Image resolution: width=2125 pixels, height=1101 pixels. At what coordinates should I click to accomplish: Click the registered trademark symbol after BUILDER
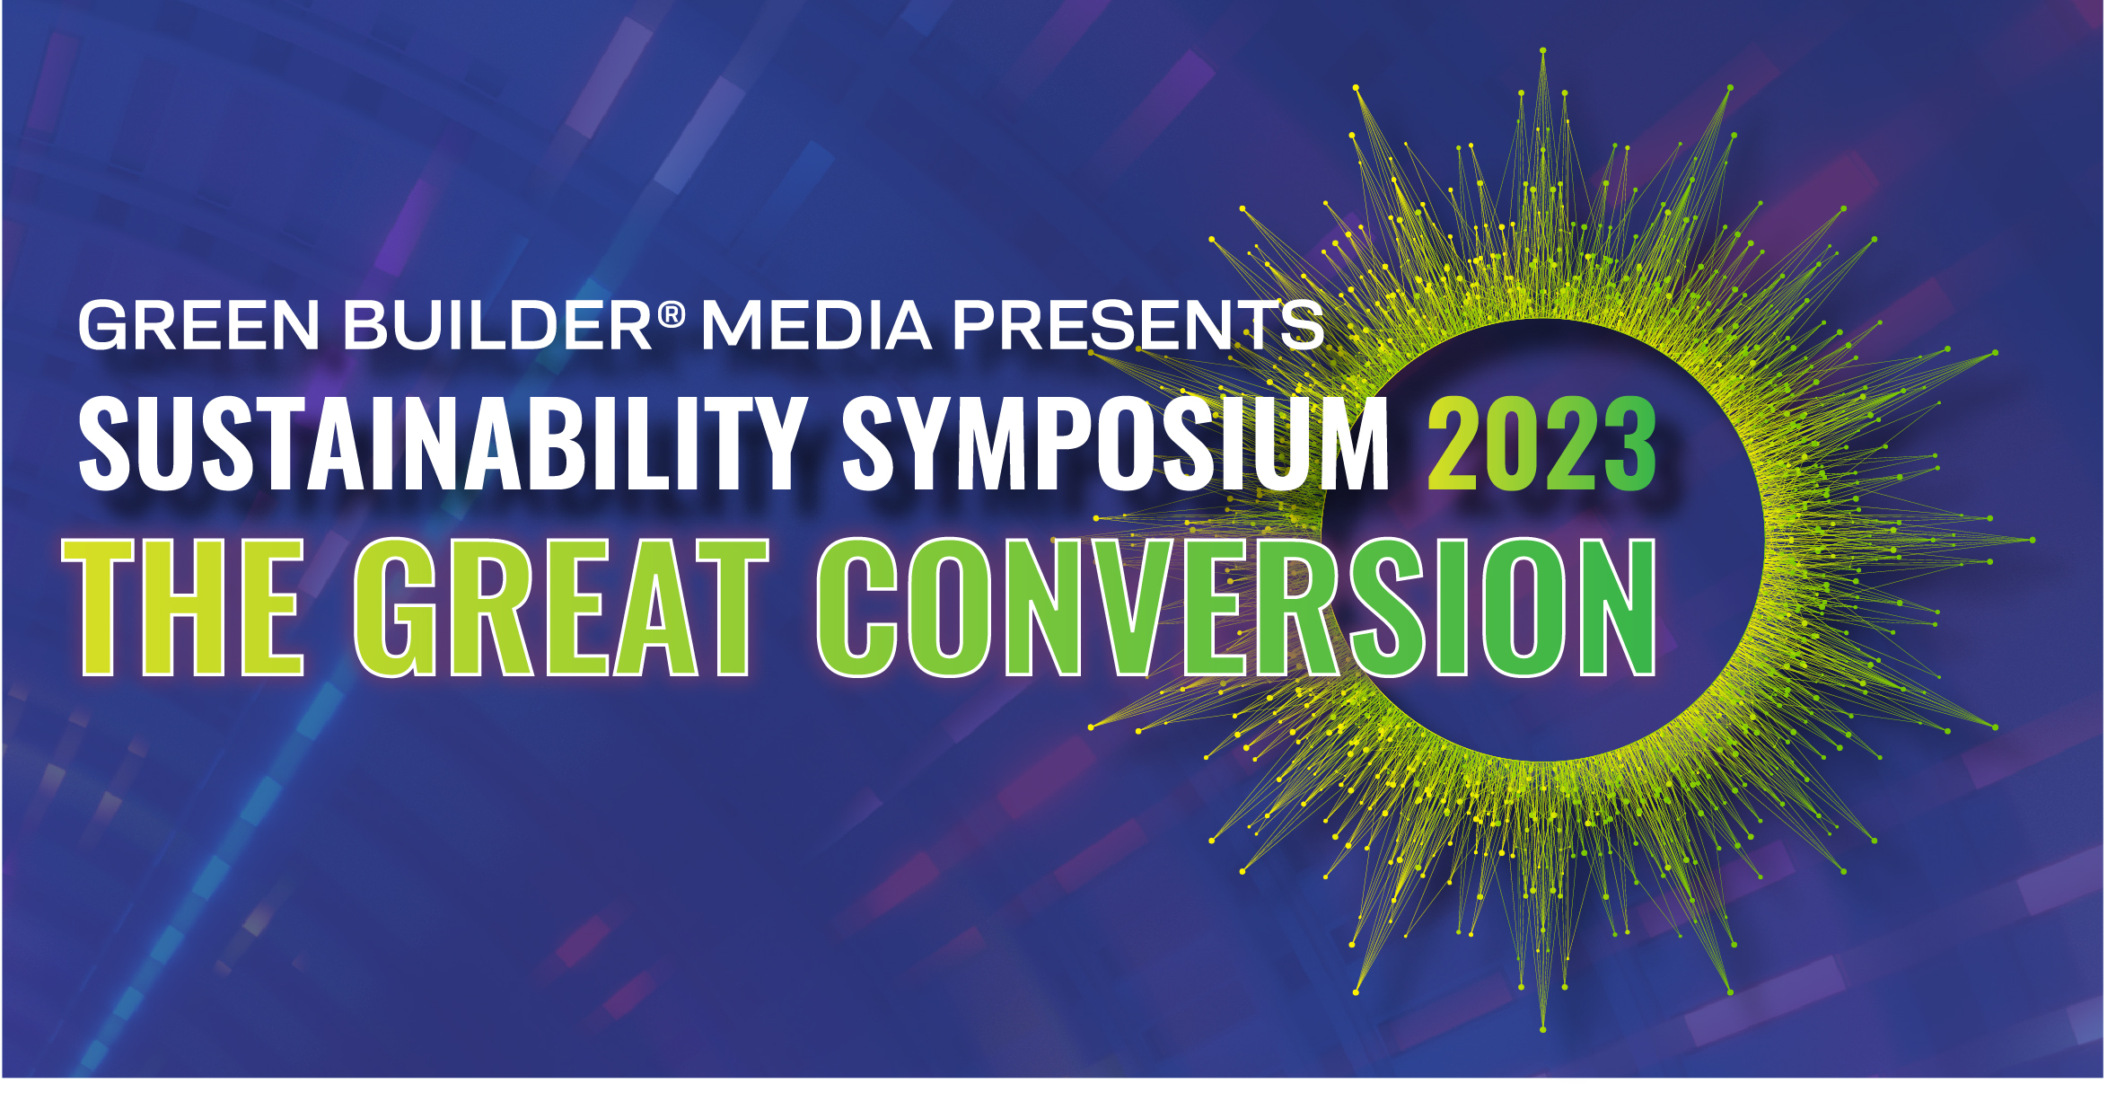[x=672, y=314]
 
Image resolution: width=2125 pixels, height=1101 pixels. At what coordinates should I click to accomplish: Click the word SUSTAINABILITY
[x=443, y=445]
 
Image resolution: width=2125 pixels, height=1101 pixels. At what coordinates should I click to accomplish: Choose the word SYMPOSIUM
[x=1115, y=445]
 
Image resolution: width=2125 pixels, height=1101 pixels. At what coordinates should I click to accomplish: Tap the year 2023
[x=1542, y=445]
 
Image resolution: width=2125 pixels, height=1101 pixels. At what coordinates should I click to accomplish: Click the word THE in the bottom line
[x=184, y=607]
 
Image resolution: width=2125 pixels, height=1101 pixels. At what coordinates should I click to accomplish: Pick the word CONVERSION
[x=1236, y=607]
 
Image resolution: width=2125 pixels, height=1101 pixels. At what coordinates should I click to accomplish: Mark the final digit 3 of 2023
[x=1629, y=445]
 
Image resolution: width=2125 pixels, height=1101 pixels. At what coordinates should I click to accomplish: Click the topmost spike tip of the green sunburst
[x=1542, y=50]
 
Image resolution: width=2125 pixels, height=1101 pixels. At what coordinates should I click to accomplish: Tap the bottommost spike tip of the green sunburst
[x=1542, y=1029]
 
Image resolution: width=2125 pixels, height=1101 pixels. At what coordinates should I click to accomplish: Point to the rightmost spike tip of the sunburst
[x=2033, y=540]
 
